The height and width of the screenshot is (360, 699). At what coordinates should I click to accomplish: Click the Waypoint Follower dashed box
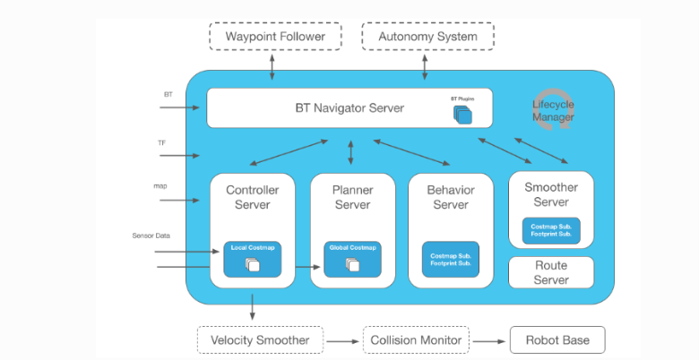pos(275,36)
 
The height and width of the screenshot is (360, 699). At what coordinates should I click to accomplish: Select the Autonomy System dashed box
pos(428,36)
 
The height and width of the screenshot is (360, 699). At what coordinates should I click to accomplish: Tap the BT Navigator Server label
pos(349,107)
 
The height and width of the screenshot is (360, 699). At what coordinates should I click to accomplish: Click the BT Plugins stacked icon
pos(462,115)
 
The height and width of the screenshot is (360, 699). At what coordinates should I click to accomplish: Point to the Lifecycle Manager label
pos(553,110)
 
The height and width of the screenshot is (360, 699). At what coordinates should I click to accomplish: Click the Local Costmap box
pos(253,260)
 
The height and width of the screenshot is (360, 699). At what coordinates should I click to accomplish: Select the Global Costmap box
pos(352,260)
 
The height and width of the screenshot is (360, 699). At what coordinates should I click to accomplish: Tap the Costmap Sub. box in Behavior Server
pos(451,260)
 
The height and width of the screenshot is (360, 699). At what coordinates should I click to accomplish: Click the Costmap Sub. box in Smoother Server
pos(551,230)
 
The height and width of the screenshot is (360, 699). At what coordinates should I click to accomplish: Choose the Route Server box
pos(551,272)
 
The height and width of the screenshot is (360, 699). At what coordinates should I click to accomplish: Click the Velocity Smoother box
pos(261,340)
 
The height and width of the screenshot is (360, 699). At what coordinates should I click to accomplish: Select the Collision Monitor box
pos(416,340)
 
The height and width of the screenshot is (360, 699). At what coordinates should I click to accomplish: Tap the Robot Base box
pos(557,340)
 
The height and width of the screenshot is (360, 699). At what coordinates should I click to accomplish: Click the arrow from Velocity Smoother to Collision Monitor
pos(342,342)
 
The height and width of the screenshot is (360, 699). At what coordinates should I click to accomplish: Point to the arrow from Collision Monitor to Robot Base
pos(488,342)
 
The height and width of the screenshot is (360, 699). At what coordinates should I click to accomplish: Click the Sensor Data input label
pos(151,236)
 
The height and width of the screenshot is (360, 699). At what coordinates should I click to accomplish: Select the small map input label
pos(160,185)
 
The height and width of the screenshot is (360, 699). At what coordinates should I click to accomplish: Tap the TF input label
pos(162,143)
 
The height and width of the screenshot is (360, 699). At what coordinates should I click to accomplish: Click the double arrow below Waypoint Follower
pos(272,67)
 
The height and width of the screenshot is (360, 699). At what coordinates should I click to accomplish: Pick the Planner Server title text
pos(352,197)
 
